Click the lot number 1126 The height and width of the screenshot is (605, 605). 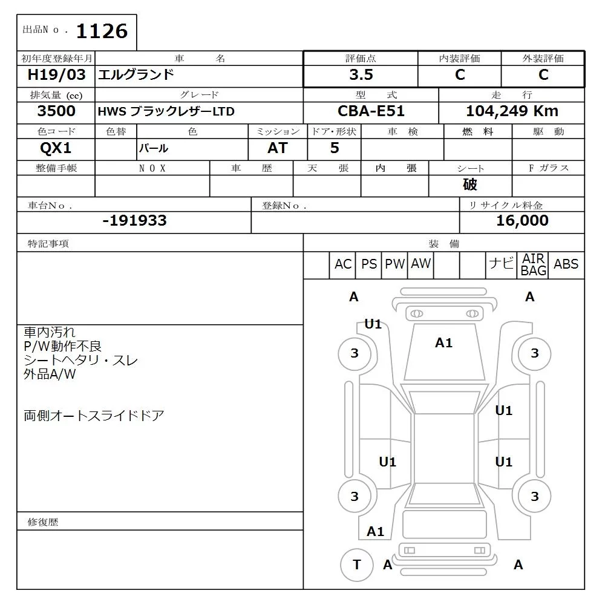102,31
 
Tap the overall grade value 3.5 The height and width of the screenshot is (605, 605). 361,75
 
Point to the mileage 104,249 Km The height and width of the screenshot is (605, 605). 512,111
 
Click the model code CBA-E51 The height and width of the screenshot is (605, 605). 371,111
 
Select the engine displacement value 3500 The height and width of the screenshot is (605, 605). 56,111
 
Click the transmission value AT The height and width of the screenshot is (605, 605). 277,148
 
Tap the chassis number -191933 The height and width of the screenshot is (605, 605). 134,221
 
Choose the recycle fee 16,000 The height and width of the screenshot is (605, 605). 522,221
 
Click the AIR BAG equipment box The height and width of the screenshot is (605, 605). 533,265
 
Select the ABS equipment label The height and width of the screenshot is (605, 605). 566,264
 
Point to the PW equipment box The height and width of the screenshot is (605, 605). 394,264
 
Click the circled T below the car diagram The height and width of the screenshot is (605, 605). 356,564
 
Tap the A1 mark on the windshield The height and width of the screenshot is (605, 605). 443,343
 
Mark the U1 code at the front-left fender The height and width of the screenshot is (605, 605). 373,324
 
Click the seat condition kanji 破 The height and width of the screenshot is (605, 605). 470,185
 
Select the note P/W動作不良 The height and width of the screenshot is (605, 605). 63,346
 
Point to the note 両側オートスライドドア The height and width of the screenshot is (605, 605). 94,416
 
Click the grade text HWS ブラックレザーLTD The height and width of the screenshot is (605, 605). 166,112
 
